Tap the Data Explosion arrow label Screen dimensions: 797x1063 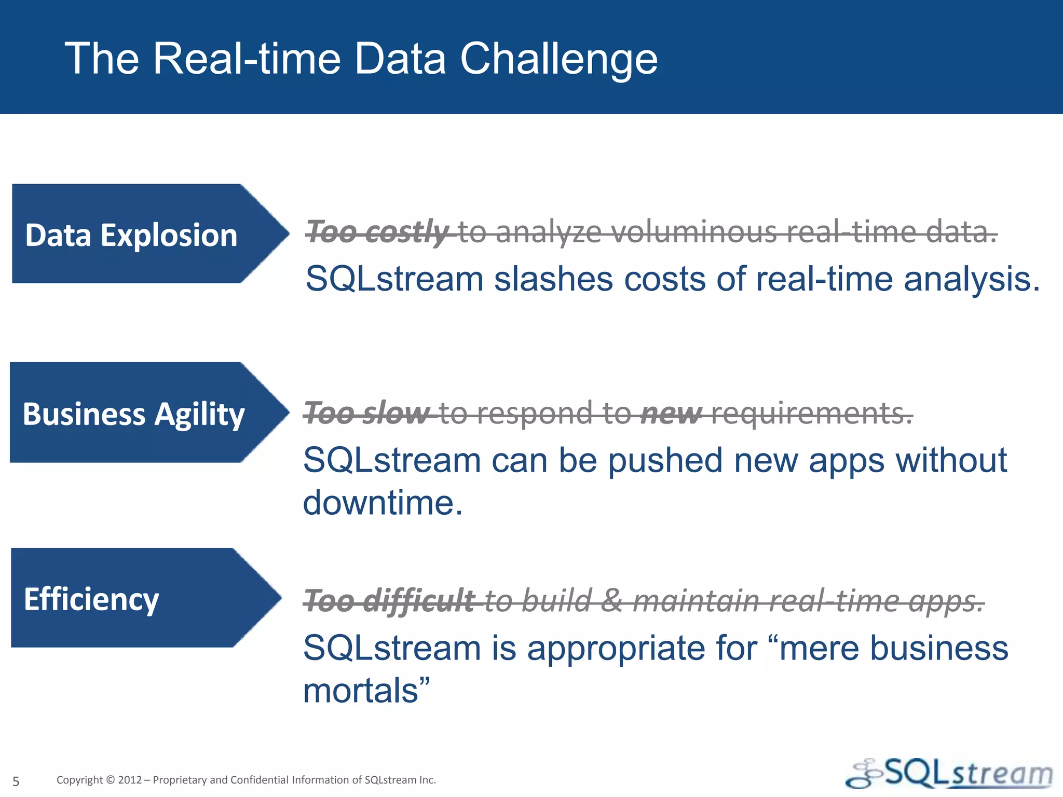tap(131, 235)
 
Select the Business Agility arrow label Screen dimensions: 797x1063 tap(133, 414)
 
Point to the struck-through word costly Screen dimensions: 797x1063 tap(406, 231)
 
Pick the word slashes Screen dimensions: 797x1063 tap(553, 279)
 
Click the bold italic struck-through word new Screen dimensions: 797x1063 tap(671, 413)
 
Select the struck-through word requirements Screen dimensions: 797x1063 tap(811, 413)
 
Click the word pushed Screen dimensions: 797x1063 tap(665, 460)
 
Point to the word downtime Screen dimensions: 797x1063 tap(382, 503)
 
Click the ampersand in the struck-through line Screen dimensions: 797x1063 tap(612, 601)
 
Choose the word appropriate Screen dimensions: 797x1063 tap(615, 649)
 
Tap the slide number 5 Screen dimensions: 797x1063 tap(16, 781)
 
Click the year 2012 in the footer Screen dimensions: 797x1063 tap(130, 780)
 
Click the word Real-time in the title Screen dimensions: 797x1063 tap(247, 59)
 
